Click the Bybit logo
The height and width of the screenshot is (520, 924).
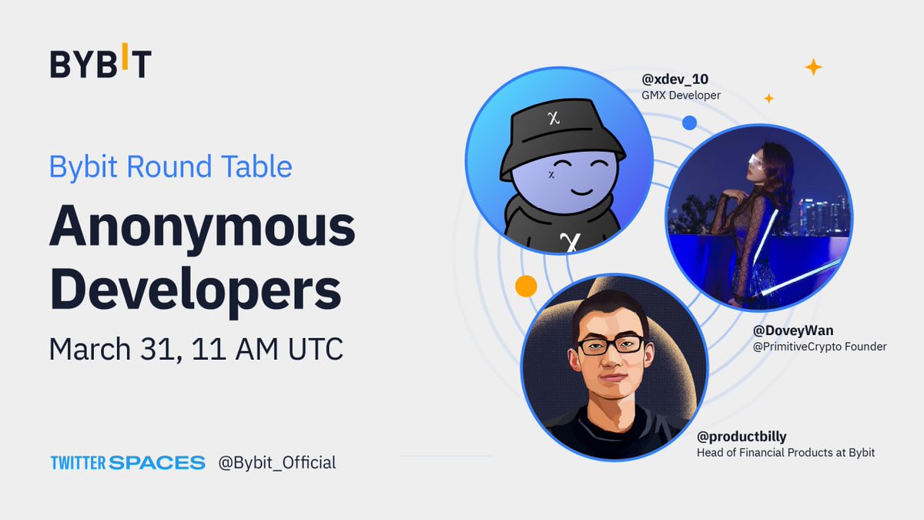[x=100, y=64]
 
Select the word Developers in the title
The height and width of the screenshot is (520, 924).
[x=195, y=290]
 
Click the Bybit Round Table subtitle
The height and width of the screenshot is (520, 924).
[x=170, y=167]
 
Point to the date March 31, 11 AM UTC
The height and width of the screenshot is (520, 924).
[x=196, y=349]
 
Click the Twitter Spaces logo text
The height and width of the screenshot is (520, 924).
[x=128, y=463]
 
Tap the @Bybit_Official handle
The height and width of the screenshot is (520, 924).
[x=277, y=463]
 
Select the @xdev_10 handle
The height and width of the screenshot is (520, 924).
[x=675, y=79]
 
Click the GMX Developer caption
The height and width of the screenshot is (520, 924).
[x=681, y=96]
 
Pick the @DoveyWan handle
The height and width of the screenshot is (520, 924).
[x=793, y=331]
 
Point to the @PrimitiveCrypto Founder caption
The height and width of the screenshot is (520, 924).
[x=819, y=347]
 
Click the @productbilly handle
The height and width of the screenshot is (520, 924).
[x=742, y=437]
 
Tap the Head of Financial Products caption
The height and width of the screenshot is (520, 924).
[x=785, y=453]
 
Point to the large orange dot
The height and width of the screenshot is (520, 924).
[x=526, y=287]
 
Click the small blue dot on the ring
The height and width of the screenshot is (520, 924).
[x=689, y=122]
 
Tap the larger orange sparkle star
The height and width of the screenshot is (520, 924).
[x=813, y=67]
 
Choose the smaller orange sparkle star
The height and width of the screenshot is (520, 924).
[x=768, y=98]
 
